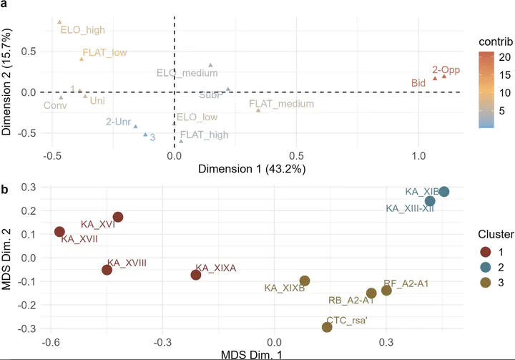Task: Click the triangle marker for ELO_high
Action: tap(60, 22)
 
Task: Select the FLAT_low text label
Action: tap(105, 52)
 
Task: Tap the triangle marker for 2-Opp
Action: tap(444, 76)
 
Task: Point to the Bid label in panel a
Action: tap(418, 84)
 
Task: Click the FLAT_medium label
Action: tap(281, 104)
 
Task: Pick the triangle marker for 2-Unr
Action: tap(135, 126)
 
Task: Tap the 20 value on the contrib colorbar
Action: tap(503, 57)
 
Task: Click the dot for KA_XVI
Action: tap(118, 217)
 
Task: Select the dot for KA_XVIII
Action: tap(107, 270)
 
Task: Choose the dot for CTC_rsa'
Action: tap(327, 327)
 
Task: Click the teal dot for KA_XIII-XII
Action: tap(430, 201)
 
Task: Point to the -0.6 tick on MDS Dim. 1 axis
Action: tap(50, 341)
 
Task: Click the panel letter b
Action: tap(5, 190)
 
